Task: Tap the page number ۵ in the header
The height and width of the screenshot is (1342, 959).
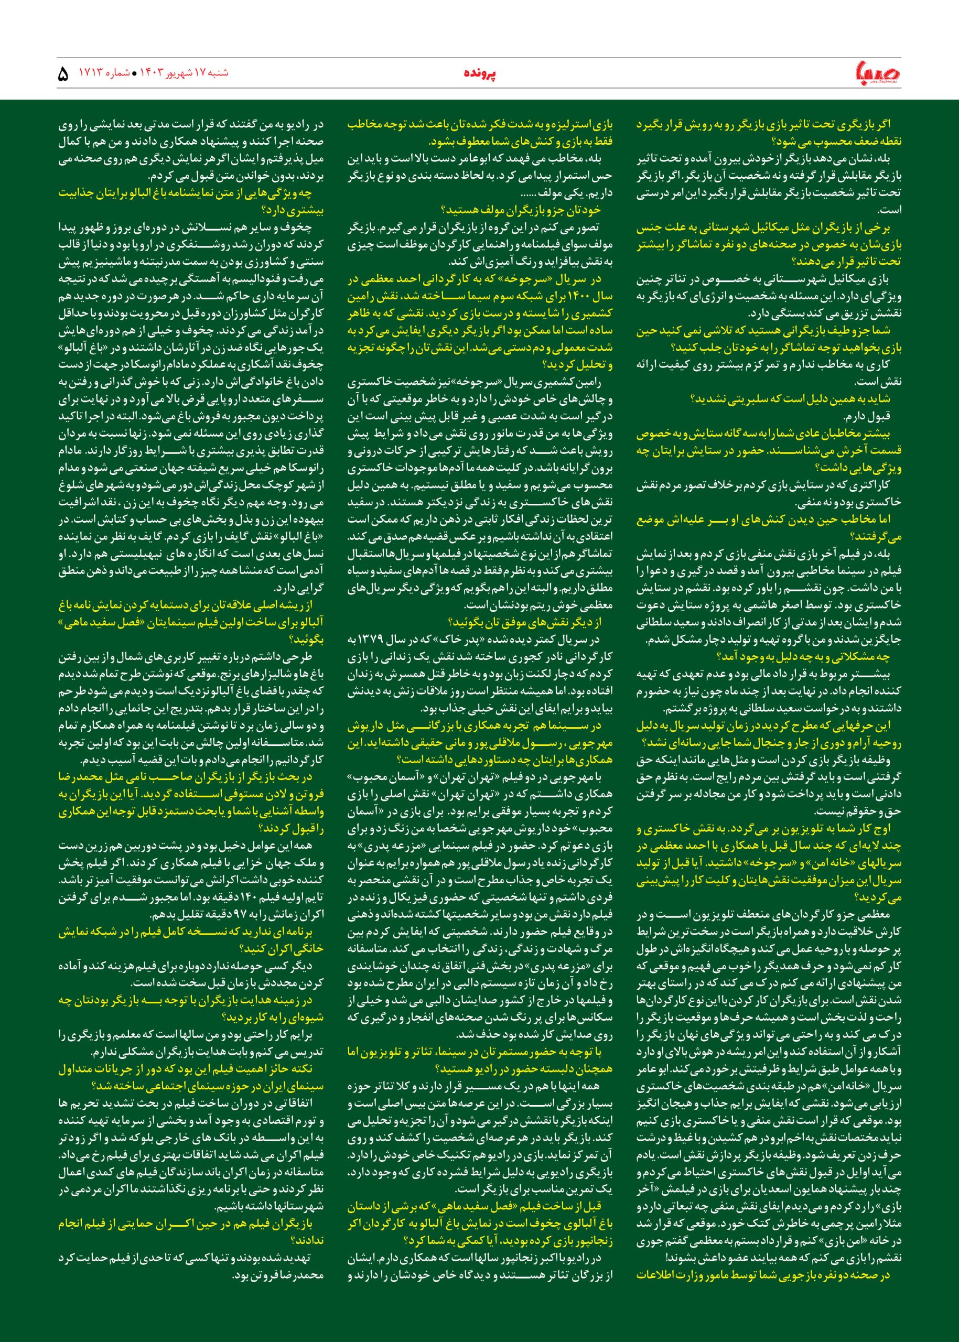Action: pyautogui.click(x=63, y=75)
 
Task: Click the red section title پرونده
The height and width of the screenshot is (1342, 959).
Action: pyautogui.click(x=479, y=74)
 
